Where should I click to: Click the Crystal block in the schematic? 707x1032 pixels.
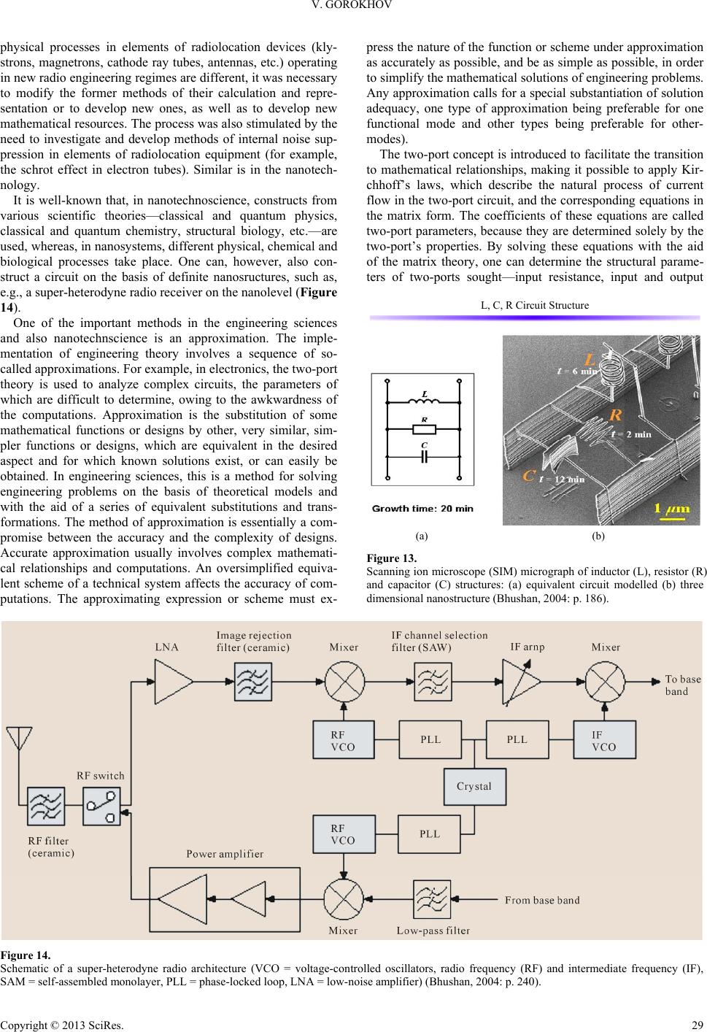(474, 787)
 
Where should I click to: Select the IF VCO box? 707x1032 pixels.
(604, 739)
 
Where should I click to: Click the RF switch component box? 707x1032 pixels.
(102, 806)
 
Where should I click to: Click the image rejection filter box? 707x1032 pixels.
(253, 682)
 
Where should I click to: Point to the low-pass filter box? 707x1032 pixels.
(432, 899)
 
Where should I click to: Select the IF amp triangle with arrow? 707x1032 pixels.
(520, 682)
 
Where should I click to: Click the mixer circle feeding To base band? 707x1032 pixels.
(605, 682)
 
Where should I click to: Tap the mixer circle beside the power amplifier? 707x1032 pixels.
(344, 899)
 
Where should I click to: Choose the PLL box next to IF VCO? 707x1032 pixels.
(517, 739)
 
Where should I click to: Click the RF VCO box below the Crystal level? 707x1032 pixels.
(344, 834)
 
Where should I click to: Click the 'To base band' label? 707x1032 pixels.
(683, 685)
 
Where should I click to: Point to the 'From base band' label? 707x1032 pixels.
(542, 900)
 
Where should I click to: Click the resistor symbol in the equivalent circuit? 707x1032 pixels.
(424, 430)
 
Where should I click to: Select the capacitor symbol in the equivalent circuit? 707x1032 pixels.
(424, 457)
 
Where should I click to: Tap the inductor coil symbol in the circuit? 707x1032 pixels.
(424, 401)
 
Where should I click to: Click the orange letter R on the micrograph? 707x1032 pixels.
(616, 415)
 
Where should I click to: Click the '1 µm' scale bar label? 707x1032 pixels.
(672, 509)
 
